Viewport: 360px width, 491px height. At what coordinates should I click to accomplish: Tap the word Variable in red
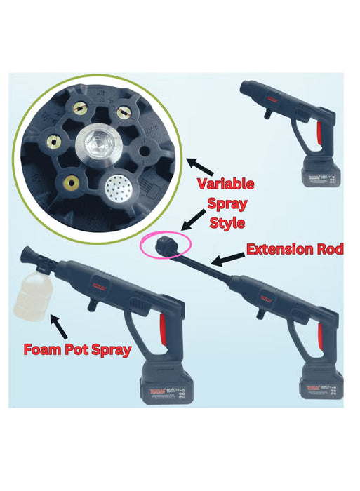click(225, 184)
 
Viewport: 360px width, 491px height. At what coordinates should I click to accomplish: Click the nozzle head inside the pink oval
click(166, 246)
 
